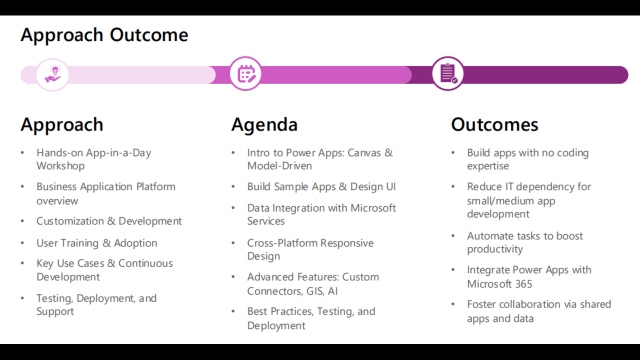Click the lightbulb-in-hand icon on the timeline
click(52, 74)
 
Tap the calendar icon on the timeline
click(245, 73)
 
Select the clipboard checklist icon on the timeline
click(447, 73)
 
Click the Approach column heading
click(61, 124)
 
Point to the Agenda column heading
click(264, 125)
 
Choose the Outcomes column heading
click(494, 124)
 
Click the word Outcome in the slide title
click(149, 35)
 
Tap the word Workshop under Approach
click(60, 165)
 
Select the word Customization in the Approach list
click(70, 221)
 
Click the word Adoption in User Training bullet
click(135, 243)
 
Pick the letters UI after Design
click(391, 186)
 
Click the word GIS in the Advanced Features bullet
click(315, 291)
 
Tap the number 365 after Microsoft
click(523, 284)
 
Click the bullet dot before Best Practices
click(233, 311)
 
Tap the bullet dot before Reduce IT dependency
click(453, 186)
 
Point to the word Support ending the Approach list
click(55, 311)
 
